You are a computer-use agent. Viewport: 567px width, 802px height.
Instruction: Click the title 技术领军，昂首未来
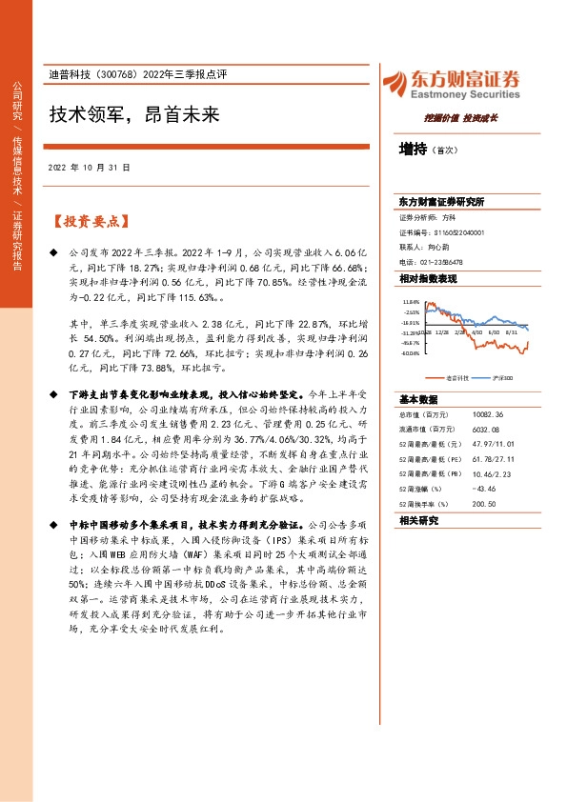coord(134,115)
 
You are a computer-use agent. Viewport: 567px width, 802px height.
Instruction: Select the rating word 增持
coord(413,149)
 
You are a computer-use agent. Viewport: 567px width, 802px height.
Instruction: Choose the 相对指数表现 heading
coord(428,278)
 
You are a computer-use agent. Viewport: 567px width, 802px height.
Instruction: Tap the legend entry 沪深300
coord(502,377)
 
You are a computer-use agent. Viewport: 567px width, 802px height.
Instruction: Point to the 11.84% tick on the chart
coord(411,301)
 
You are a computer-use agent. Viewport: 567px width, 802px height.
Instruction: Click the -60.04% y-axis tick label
coord(410,352)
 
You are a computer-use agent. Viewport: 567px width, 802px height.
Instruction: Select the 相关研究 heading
coord(418,521)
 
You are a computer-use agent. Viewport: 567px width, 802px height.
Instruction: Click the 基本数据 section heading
coord(418,399)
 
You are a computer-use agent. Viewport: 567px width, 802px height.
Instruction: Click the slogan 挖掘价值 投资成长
coord(460,120)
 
